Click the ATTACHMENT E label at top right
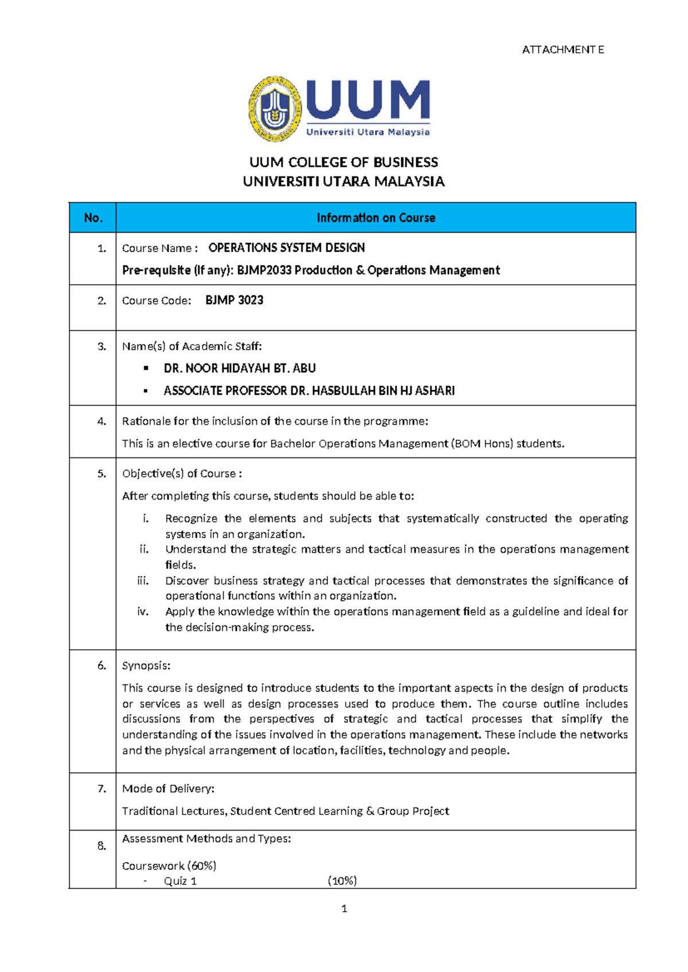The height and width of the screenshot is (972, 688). (x=562, y=50)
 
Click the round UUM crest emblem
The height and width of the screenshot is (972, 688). (x=275, y=109)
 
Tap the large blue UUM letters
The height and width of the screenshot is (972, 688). (x=368, y=100)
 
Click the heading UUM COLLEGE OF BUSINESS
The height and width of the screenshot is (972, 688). (x=343, y=162)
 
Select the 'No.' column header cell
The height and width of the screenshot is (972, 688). (x=93, y=218)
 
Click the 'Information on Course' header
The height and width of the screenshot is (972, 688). (x=376, y=218)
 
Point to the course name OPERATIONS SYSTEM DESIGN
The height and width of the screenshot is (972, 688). (x=287, y=248)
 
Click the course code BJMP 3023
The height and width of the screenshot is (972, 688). (x=234, y=300)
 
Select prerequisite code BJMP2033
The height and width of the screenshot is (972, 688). (x=264, y=270)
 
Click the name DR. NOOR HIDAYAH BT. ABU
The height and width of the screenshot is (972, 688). (x=240, y=368)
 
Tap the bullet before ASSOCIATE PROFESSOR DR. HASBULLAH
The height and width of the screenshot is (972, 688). (x=146, y=391)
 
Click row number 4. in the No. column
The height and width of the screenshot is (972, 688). (x=101, y=421)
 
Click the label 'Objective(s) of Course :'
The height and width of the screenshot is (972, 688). (x=182, y=473)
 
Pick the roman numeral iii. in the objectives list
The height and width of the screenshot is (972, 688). (x=143, y=581)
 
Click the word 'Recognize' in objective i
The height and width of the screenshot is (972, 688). (x=191, y=518)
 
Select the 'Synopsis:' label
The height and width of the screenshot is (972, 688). (x=146, y=665)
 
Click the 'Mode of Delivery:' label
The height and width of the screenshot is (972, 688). (x=168, y=789)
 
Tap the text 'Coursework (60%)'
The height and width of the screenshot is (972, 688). (x=169, y=865)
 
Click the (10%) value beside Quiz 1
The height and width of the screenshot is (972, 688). (x=342, y=881)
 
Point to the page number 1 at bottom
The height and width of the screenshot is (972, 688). (x=344, y=908)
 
